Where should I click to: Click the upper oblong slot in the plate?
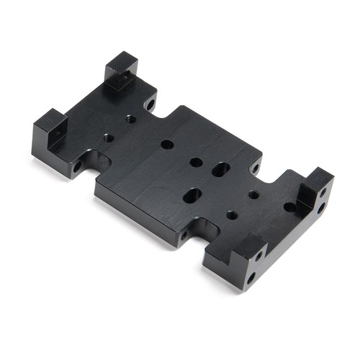(x=220, y=170)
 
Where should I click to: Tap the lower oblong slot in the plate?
(x=192, y=194)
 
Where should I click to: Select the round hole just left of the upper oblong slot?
(x=196, y=163)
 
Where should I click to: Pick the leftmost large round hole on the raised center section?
(x=167, y=145)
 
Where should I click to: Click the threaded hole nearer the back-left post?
(x=130, y=119)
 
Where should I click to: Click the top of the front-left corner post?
(x=49, y=119)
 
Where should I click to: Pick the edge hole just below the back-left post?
(x=150, y=104)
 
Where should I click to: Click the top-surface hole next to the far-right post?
(x=289, y=207)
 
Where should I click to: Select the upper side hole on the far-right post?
(x=323, y=192)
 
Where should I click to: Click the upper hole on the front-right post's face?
(x=258, y=256)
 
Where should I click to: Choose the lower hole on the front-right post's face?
(x=251, y=276)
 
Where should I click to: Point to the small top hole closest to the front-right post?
(x=231, y=215)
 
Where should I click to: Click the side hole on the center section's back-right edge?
(x=256, y=169)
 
